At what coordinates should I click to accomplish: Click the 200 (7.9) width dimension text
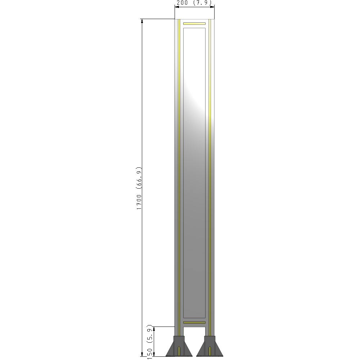tap(194, 3)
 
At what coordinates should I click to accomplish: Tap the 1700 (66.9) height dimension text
tap(139, 188)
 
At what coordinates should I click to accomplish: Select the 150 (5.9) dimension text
tap(150, 342)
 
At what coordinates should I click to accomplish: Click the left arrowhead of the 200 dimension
tap(177, 6)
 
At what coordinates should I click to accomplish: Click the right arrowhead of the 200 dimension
tap(212, 6)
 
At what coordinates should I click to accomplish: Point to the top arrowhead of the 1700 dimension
tap(142, 21)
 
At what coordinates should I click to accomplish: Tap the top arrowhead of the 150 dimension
tap(154, 329)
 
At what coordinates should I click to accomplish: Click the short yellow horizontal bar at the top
tap(194, 24)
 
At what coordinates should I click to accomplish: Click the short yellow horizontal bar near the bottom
tap(194, 322)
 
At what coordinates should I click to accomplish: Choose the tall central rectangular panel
tap(194, 173)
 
